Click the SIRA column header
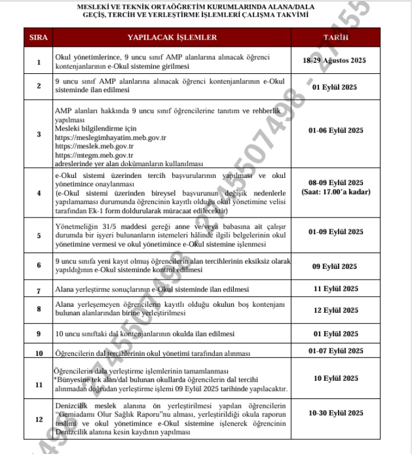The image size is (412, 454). [x=38, y=37]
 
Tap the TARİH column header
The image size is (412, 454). [x=336, y=37]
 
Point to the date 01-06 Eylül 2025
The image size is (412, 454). [x=336, y=130]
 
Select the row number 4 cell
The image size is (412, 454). [x=38, y=193]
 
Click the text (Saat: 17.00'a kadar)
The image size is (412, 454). [x=336, y=192]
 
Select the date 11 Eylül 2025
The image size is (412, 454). [x=336, y=288]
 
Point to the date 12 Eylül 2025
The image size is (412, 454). [x=336, y=310]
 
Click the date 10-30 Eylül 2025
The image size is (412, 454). [x=336, y=413]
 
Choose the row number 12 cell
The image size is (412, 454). [x=38, y=419]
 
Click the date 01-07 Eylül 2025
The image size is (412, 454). [x=336, y=351]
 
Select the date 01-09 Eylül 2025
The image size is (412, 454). [x=336, y=232]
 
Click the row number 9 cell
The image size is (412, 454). [x=38, y=334]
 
